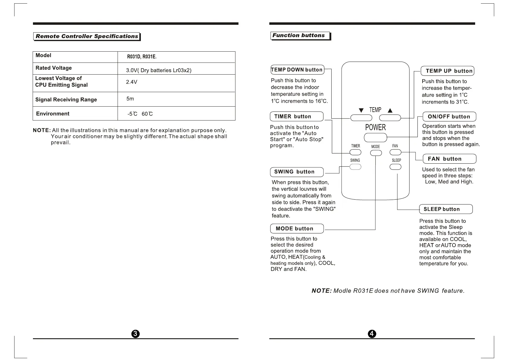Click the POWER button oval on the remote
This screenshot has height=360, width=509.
click(375, 138)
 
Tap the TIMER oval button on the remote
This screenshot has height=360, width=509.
click(355, 153)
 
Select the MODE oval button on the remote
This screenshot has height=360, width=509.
click(376, 153)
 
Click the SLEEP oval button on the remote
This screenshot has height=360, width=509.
click(396, 167)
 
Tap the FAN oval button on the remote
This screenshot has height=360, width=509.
click(396, 152)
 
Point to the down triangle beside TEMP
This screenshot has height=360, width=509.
click(361, 111)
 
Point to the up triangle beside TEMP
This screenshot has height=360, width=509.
click(390, 111)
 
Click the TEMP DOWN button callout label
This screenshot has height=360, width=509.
click(297, 70)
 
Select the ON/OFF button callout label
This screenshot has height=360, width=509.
click(449, 117)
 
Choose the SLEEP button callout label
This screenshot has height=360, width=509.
click(446, 209)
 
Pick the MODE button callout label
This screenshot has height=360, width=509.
click(297, 229)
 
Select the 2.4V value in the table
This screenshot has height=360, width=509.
click(131, 82)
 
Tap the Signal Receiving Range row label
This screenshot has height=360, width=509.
click(66, 100)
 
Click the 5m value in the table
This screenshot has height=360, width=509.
click(130, 99)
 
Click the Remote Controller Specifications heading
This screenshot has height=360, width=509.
click(87, 36)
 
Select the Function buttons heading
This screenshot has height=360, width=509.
click(299, 36)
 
